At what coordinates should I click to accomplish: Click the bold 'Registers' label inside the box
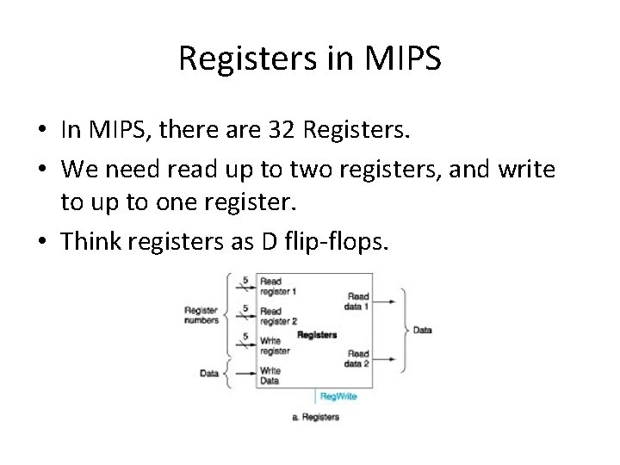point(317,334)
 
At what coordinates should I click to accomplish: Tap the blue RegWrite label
point(338,397)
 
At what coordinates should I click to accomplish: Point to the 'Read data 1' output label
point(358,301)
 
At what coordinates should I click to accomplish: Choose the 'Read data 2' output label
point(358,357)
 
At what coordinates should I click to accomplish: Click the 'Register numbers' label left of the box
point(201,315)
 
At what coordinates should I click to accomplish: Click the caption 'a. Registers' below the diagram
point(316,418)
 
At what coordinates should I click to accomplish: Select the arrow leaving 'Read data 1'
point(386,301)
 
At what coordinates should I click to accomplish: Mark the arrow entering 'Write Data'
point(245,372)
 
